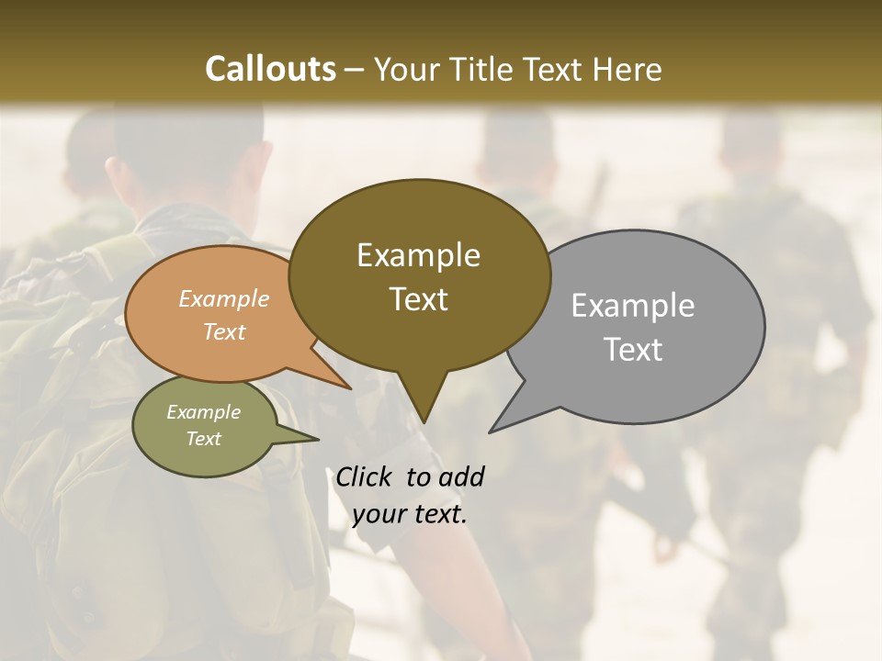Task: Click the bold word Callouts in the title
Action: (270, 69)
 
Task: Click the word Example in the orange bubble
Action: (223, 298)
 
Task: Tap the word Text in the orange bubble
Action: (223, 331)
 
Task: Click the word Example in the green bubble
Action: (203, 412)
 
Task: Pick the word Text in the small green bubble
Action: (203, 439)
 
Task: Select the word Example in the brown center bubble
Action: (418, 255)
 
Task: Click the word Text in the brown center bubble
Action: (418, 299)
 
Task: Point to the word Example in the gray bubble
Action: (633, 306)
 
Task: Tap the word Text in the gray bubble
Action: (633, 350)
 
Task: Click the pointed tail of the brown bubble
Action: (423, 413)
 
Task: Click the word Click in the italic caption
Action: (365, 476)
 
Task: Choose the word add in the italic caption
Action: (460, 476)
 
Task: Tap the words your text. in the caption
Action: (410, 514)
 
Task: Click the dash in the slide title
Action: (354, 70)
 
